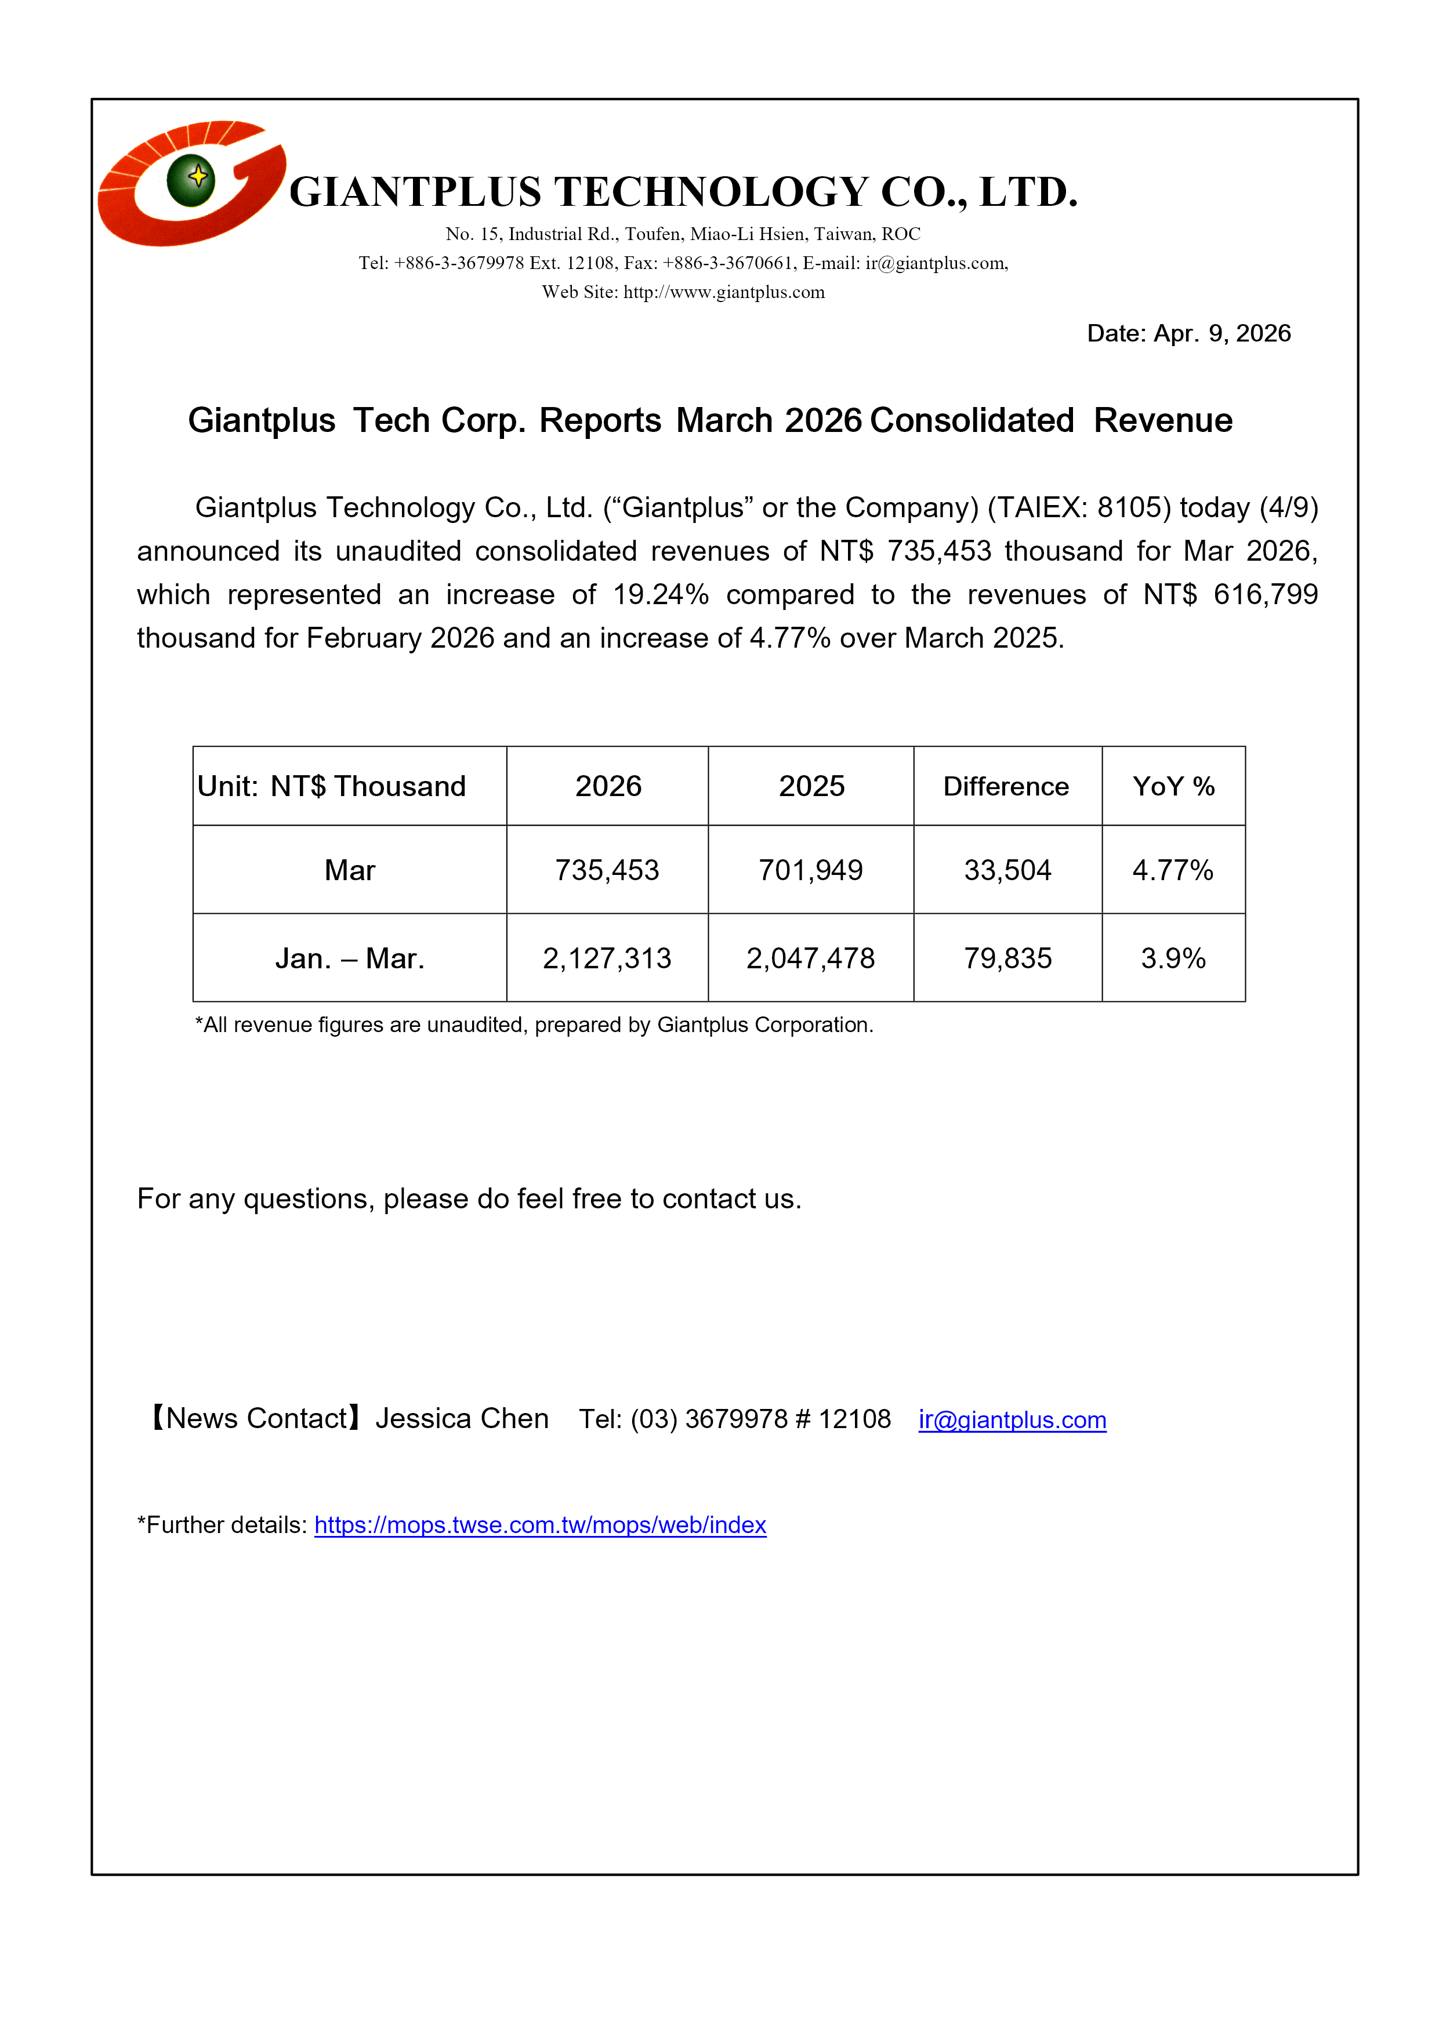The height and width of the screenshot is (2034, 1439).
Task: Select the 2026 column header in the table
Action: [x=608, y=787]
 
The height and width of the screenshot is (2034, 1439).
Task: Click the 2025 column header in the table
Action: [x=811, y=787]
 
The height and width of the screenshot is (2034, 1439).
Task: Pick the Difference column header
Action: [x=1006, y=787]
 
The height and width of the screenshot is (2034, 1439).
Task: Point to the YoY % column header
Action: [x=1173, y=787]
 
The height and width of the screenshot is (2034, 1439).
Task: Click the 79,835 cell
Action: [x=1007, y=958]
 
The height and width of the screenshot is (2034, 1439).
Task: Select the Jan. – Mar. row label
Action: [x=349, y=958]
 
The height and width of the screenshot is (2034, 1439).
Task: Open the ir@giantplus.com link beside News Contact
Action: [x=1012, y=1420]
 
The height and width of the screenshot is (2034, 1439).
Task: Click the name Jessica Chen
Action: [x=462, y=1419]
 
